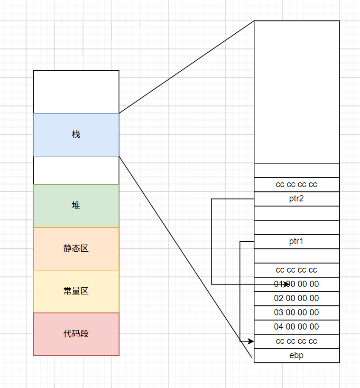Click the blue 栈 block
pyautogui.click(x=76, y=134)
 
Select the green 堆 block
pyautogui.click(x=76, y=206)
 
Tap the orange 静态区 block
pyautogui.click(x=76, y=248)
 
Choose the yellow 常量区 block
pyautogui.click(x=76, y=291)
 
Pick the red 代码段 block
pyautogui.click(x=76, y=334)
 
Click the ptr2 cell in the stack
pyautogui.click(x=296, y=199)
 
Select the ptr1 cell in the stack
pyautogui.click(x=296, y=241)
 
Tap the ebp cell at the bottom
pyautogui.click(x=296, y=355)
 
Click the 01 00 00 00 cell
pyautogui.click(x=296, y=284)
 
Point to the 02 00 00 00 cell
pyautogui.click(x=296, y=298)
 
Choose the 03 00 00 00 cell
pyautogui.click(x=296, y=312)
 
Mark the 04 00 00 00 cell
pyautogui.click(x=296, y=327)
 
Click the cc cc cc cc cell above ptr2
pyautogui.click(x=296, y=184)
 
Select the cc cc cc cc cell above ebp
pyautogui.click(x=296, y=341)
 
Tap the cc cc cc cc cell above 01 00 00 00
pyautogui.click(x=296, y=270)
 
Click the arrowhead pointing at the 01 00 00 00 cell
pyautogui.click(x=286, y=284)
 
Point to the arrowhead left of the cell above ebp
pyautogui.click(x=251, y=341)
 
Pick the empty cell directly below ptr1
pyautogui.click(x=296, y=256)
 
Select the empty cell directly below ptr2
pyautogui.click(x=296, y=213)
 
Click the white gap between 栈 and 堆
pyautogui.click(x=76, y=170)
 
